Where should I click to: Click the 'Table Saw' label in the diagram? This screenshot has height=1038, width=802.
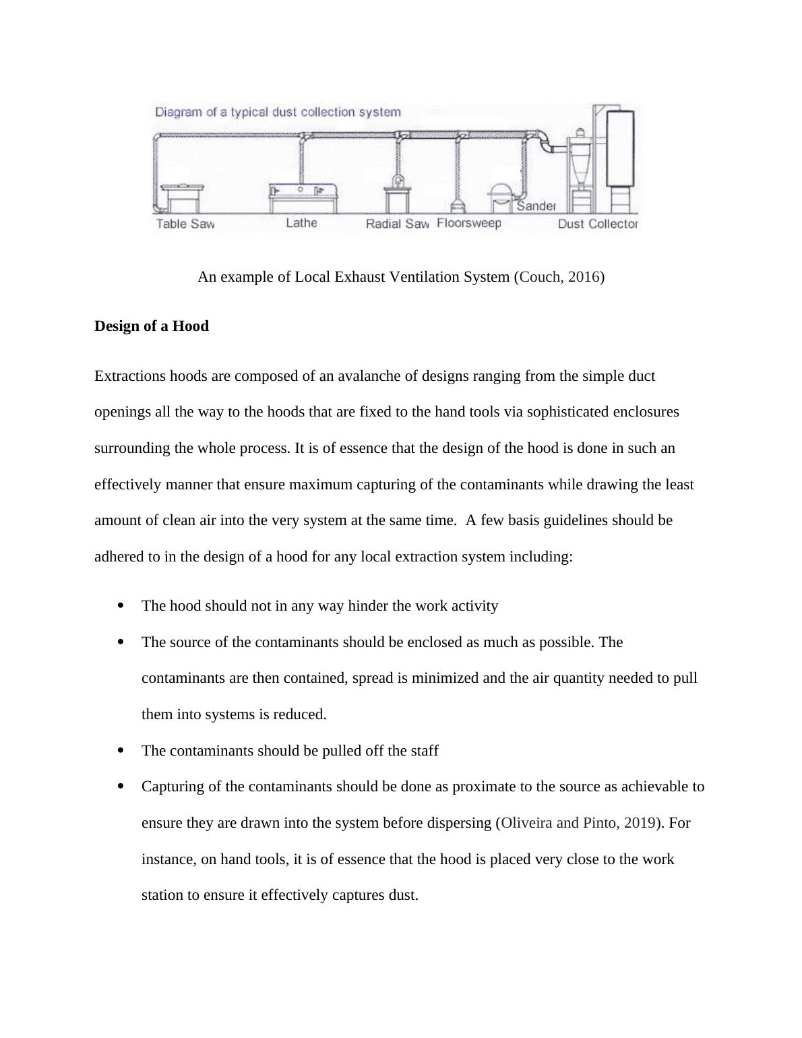(x=185, y=224)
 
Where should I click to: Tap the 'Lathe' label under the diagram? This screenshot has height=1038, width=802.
(x=301, y=222)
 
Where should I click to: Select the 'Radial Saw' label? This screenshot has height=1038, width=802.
(x=397, y=224)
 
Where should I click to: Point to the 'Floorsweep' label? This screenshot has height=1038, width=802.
(x=469, y=223)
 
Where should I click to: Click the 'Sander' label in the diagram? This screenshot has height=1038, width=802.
(x=536, y=206)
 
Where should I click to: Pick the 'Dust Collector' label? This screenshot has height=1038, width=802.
(x=597, y=224)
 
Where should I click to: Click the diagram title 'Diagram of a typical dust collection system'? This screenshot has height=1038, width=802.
(x=278, y=113)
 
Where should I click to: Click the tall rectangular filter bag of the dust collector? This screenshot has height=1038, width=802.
(x=620, y=148)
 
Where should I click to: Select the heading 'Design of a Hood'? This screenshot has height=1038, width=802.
(x=152, y=326)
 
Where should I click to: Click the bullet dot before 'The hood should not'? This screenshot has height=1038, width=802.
(x=121, y=606)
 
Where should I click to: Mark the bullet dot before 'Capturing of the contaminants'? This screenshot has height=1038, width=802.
(x=121, y=787)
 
